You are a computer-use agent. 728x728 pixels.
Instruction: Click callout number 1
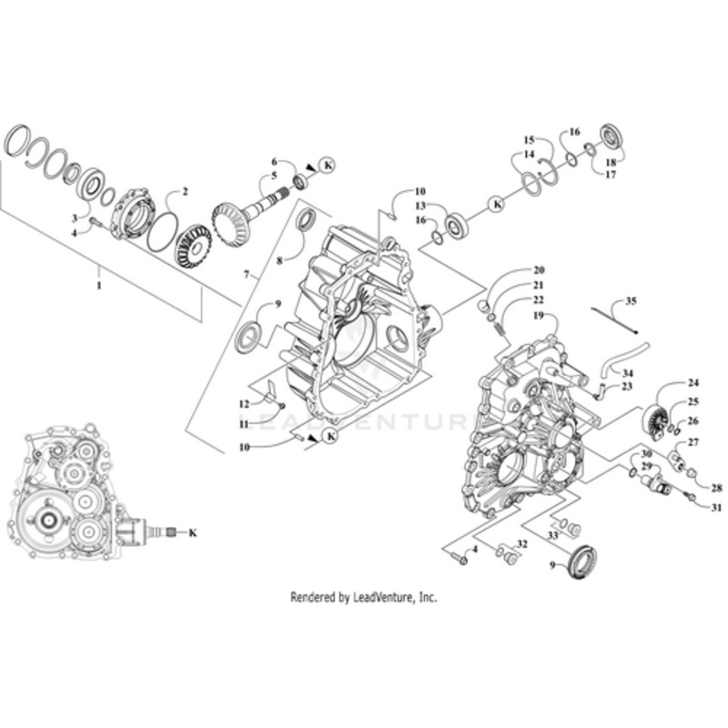99,285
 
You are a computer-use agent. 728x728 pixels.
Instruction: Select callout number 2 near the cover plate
185,192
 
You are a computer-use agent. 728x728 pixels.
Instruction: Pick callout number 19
539,315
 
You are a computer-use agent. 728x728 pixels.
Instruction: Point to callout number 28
716,488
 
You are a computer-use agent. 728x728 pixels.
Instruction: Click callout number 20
539,270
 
